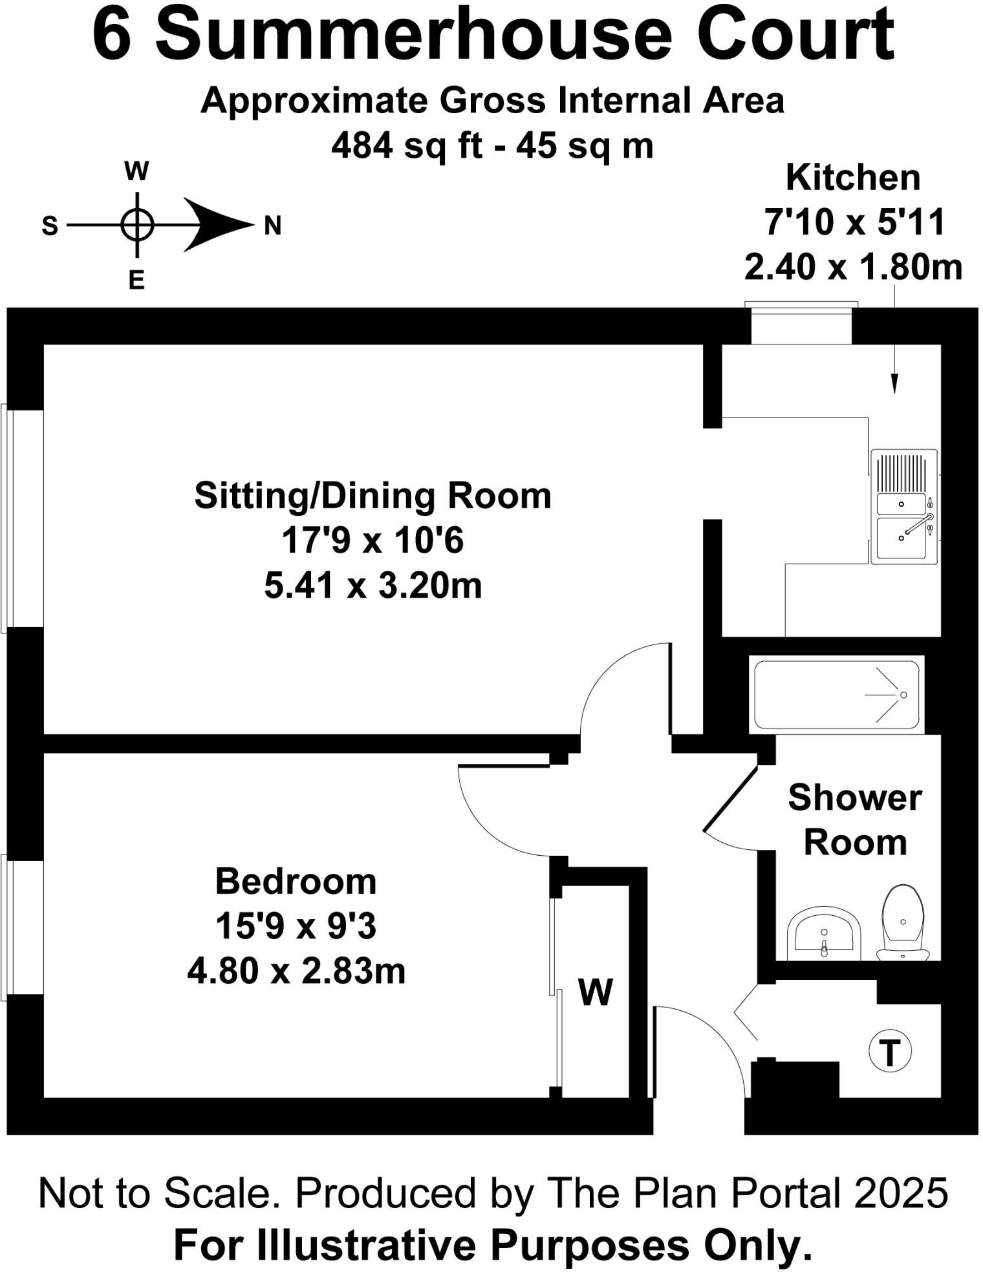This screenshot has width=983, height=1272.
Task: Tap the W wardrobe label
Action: coord(595,991)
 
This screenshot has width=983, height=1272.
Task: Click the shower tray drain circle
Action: coord(903,695)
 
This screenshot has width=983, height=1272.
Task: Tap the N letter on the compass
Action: coord(272,226)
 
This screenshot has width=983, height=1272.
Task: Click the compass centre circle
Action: coord(136,225)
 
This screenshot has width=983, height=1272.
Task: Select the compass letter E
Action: coord(136,281)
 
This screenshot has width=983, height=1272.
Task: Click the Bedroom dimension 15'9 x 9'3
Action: coord(296,926)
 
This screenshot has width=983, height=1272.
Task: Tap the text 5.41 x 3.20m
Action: coord(373,586)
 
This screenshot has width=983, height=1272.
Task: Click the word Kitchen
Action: coord(852,178)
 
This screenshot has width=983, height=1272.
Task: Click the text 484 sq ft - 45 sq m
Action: coord(492,145)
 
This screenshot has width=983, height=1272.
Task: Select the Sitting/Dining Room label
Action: coord(373,496)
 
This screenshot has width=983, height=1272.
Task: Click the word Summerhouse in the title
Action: coord(414,36)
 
